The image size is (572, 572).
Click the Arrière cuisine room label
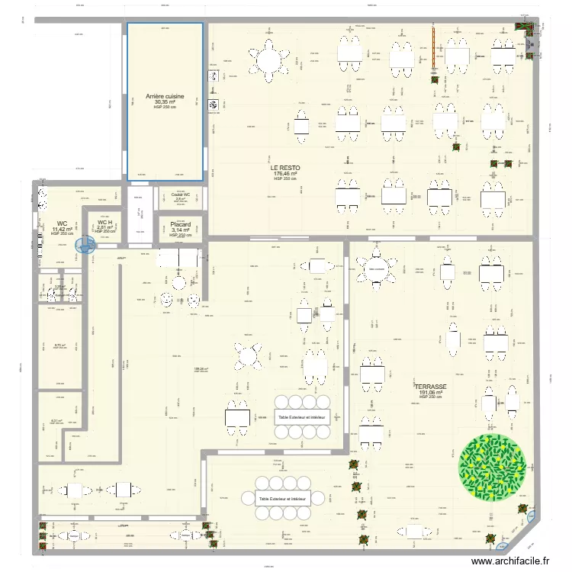click(164, 97)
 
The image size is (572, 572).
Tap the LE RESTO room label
click(284, 168)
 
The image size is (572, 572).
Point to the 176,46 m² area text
click(284, 173)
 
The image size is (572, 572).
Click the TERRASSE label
click(431, 387)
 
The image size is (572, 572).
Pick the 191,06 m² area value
click(431, 393)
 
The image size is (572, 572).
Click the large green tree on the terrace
click(491, 466)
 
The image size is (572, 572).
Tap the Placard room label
click(180, 224)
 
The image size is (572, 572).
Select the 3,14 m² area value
click(180, 230)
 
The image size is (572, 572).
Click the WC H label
click(104, 222)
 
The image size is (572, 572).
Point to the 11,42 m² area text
click(62, 229)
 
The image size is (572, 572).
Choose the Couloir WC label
click(181, 194)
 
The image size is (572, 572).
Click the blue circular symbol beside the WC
click(85, 245)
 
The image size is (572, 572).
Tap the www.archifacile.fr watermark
click(516, 561)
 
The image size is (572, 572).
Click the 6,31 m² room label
click(56, 420)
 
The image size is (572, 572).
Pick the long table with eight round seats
click(284, 499)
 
